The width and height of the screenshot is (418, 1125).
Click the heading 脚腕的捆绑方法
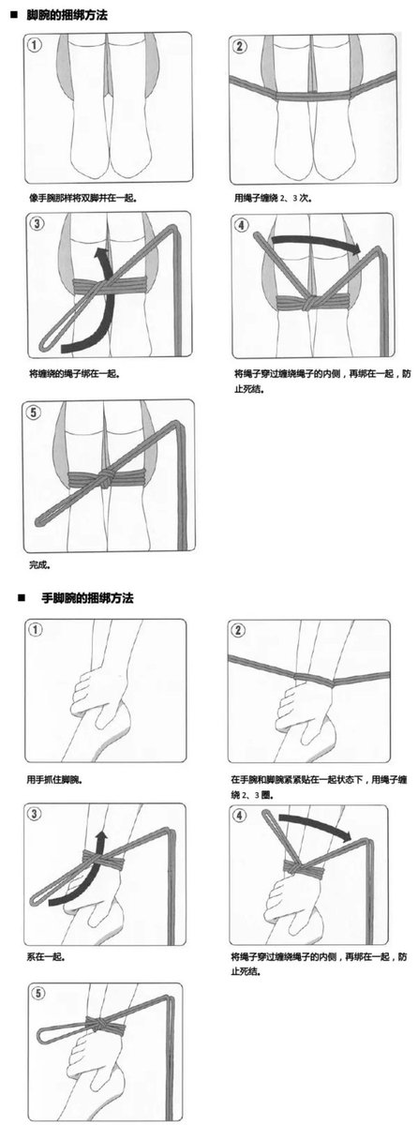coord(67,15)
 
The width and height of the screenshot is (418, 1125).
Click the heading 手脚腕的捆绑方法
coord(87,598)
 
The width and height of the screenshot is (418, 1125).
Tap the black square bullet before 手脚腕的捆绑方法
coord(21,598)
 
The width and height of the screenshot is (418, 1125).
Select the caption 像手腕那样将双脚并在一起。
coord(83,198)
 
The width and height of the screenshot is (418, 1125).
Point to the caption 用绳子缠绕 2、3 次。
coord(274,198)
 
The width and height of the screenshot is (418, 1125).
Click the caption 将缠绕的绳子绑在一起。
coord(75,373)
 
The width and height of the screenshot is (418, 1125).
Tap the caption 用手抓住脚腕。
coord(54,780)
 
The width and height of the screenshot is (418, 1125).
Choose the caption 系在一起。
coord(47,957)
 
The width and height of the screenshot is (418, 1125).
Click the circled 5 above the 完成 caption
coord(34,412)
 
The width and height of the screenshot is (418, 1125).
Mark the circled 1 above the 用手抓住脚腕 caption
coord(36,629)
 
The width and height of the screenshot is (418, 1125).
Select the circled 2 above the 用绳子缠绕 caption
coord(239,46)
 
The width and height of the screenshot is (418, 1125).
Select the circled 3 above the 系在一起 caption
coord(34,813)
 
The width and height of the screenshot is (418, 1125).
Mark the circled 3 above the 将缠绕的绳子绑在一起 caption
coord(37,223)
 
